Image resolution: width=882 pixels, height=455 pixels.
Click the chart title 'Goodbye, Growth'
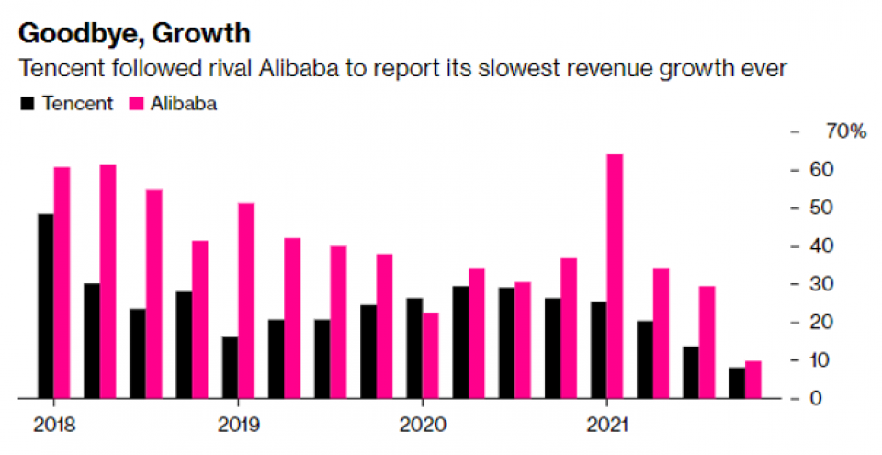[x=134, y=34]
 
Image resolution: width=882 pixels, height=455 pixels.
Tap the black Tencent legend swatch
[x=28, y=104]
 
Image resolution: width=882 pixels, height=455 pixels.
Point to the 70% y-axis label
[x=845, y=132]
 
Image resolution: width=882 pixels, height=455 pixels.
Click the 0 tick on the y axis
[x=813, y=399]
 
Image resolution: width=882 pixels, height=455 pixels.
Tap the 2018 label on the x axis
[x=52, y=426]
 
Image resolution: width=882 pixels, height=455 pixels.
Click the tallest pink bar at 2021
[x=614, y=276]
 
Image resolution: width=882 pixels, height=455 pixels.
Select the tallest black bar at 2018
[x=46, y=306]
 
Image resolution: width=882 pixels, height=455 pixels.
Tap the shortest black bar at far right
[x=737, y=382]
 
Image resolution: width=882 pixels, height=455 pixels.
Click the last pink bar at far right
[x=752, y=380]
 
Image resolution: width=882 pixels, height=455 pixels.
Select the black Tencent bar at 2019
[x=230, y=367]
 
